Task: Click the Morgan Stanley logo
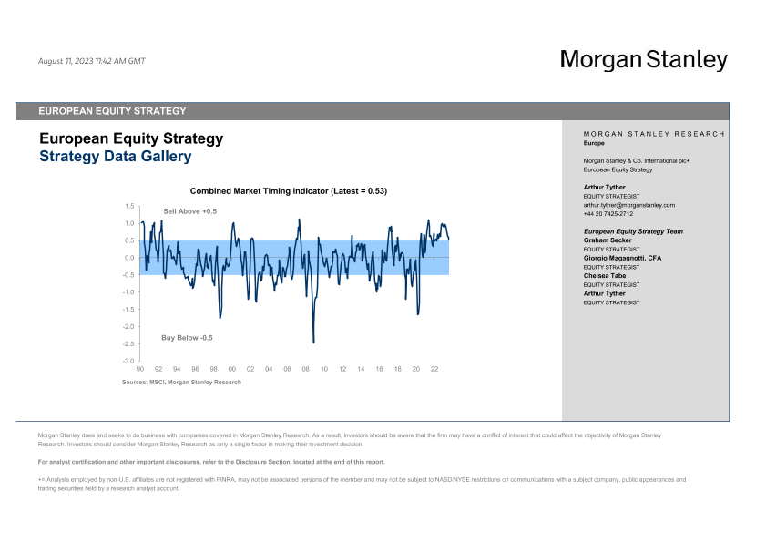pos(643,60)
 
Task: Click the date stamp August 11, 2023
pos(91,61)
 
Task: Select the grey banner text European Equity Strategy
pos(112,111)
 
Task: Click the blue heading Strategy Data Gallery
pos(115,156)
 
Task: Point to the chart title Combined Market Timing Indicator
pos(289,191)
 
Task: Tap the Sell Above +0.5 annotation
pos(189,211)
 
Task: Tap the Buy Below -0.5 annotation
pos(187,338)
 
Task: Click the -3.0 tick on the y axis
pos(128,362)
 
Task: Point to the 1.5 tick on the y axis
pos(130,207)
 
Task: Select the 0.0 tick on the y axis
pos(129,258)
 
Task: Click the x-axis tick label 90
pos(140,370)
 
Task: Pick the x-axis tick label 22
pos(434,370)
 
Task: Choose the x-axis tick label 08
pos(305,370)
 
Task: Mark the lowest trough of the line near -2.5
pos(313,343)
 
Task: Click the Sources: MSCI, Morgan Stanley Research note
pos(181,383)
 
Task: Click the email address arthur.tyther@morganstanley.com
pos(628,206)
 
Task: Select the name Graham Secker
pos(608,240)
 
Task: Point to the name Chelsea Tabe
pos(604,276)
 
